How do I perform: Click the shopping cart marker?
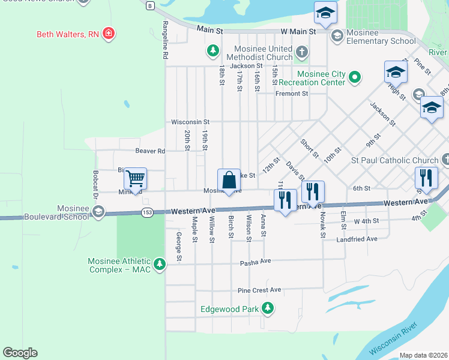[x=136, y=178]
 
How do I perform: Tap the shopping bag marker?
[x=229, y=180]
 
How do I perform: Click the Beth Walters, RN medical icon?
[x=108, y=34]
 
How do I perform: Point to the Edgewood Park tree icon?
[x=268, y=309]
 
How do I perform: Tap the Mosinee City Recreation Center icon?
[x=355, y=77]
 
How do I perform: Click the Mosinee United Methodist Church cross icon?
[x=301, y=52]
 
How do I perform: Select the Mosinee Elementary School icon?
[x=337, y=37]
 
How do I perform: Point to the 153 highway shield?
[x=147, y=212]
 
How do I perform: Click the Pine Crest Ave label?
[x=259, y=290]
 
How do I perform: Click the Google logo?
[x=20, y=353]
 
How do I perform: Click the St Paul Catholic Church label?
[x=394, y=160]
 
